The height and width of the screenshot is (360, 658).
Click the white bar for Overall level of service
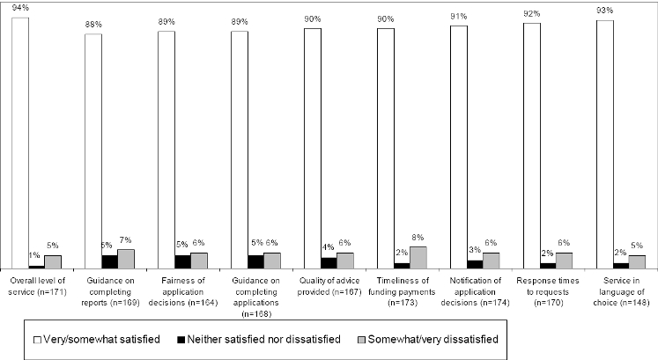tap(20, 141)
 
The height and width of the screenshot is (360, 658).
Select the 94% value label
tap(19, 7)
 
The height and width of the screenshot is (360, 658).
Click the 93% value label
tap(603, 11)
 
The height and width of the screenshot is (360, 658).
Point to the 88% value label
tap(92, 24)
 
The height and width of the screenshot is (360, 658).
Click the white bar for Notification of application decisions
tap(458, 146)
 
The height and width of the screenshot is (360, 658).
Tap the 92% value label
tap(531, 13)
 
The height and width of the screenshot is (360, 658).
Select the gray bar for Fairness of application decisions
tap(200, 260)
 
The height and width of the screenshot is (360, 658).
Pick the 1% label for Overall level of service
tap(35, 256)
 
